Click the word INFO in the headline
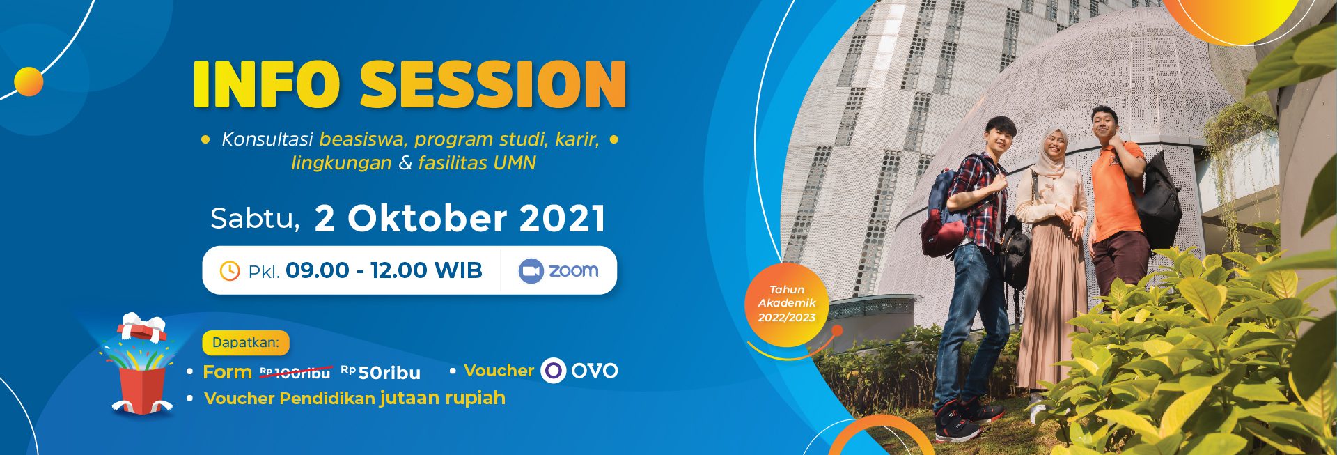tap(266, 84)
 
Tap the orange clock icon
tap(230, 270)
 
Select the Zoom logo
tap(558, 270)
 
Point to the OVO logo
tap(580, 370)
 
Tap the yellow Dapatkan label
tap(246, 342)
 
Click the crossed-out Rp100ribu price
tap(295, 373)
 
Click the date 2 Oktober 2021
tap(460, 218)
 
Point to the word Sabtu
tap(255, 219)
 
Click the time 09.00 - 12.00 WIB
tap(384, 270)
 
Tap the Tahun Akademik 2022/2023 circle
tap(787, 304)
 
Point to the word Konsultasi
tap(267, 139)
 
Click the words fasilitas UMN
tap(477, 163)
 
